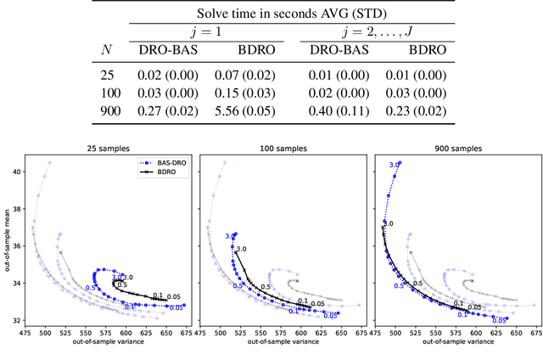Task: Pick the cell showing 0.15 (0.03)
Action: [243, 93]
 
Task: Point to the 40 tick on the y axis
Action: [16, 172]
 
